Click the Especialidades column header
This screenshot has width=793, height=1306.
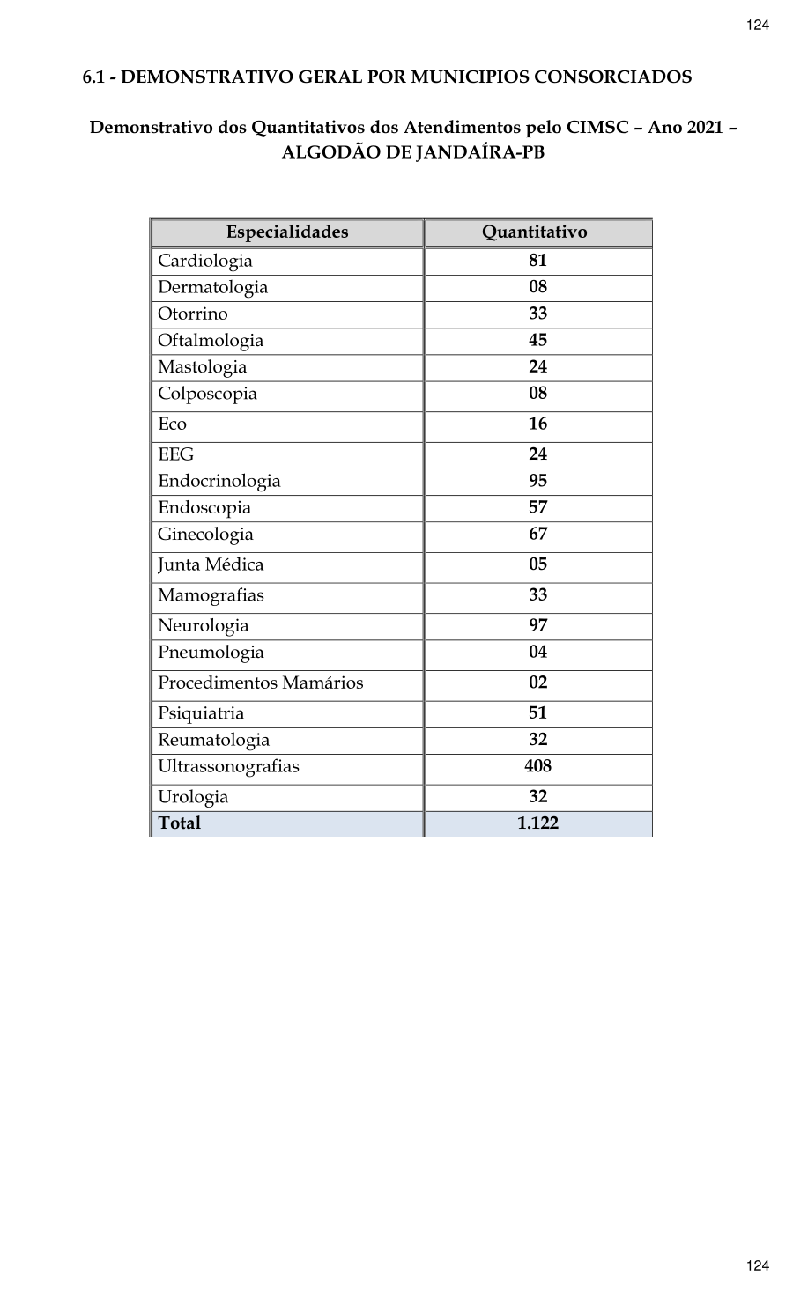(x=287, y=232)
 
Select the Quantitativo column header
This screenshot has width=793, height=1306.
(x=534, y=232)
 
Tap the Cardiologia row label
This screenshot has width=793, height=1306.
(x=205, y=261)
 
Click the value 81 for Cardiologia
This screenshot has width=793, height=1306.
(x=537, y=261)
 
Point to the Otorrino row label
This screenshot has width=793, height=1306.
(x=193, y=314)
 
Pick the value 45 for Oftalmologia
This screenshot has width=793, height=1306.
(x=537, y=340)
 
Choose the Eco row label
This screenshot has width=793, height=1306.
(x=173, y=424)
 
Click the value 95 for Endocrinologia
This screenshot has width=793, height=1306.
(x=537, y=481)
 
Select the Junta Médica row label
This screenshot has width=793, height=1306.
(x=211, y=565)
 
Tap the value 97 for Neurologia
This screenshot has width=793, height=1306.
(x=537, y=625)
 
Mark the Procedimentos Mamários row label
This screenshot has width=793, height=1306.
(x=261, y=683)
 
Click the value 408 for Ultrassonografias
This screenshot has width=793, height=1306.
(x=537, y=766)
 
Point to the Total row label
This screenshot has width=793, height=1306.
(x=180, y=823)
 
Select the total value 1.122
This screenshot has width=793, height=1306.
(x=537, y=823)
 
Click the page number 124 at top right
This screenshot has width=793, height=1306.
(x=758, y=25)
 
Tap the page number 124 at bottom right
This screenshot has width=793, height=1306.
(x=758, y=1265)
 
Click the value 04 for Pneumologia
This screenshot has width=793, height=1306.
(x=537, y=653)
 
